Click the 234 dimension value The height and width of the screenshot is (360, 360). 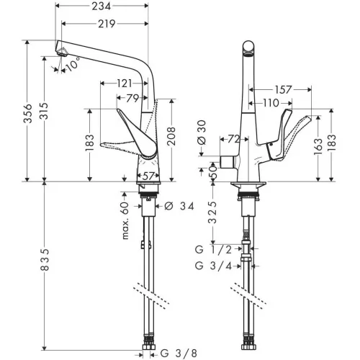pyautogui.click(x=102, y=6)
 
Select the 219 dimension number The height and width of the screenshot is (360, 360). pyautogui.click(x=107, y=24)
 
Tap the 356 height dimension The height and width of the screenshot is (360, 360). pyautogui.click(x=28, y=113)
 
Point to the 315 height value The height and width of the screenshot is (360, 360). pyautogui.click(x=44, y=111)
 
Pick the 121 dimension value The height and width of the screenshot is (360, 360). pyautogui.click(x=125, y=84)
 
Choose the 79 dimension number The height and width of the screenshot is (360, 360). pyautogui.click(x=132, y=98)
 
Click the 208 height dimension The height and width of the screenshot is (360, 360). pyautogui.click(x=171, y=136)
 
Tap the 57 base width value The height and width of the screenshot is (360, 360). pyautogui.click(x=148, y=176)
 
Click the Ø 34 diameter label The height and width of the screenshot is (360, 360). pyautogui.click(x=179, y=206)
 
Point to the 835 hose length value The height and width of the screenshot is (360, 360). pyautogui.click(x=45, y=259)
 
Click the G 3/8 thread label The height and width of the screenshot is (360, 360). pyautogui.click(x=179, y=353)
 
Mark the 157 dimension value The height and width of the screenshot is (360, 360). pyautogui.click(x=283, y=90)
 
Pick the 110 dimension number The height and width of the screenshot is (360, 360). pyautogui.click(x=271, y=103)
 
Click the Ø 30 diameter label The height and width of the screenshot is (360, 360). pyautogui.click(x=202, y=132)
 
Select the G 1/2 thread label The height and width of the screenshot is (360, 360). pyautogui.click(x=213, y=250)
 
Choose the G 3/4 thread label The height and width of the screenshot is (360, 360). pyautogui.click(x=213, y=266)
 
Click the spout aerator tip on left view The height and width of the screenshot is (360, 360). pyautogui.click(x=63, y=53)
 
